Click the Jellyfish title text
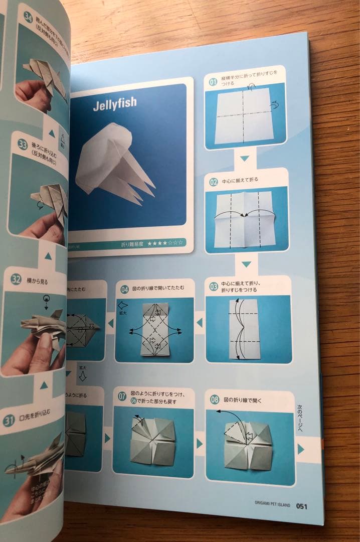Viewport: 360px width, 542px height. click(114, 105)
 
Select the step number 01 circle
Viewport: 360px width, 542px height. click(213, 82)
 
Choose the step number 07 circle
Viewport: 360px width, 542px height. click(122, 396)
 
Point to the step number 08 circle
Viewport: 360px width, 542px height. click(214, 400)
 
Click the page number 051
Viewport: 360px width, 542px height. click(302, 506)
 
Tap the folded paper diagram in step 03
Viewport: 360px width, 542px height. click(245, 328)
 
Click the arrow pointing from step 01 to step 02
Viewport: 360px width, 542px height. click(244, 159)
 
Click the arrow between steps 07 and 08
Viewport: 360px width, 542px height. click(200, 443)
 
